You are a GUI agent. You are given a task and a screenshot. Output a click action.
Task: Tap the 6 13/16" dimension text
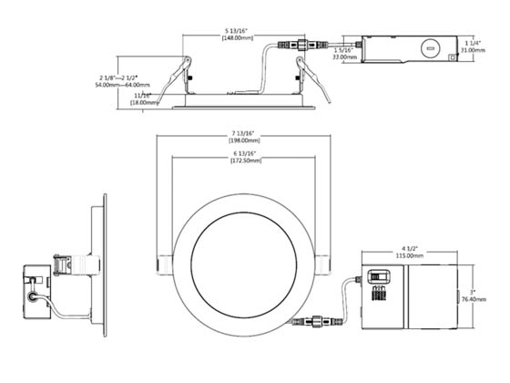(x=241, y=152)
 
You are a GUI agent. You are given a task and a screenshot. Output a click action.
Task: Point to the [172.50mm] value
(x=241, y=160)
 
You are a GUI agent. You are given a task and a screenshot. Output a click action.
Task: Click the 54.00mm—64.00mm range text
(x=122, y=84)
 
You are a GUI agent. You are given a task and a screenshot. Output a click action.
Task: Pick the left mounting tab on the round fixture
(x=165, y=263)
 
